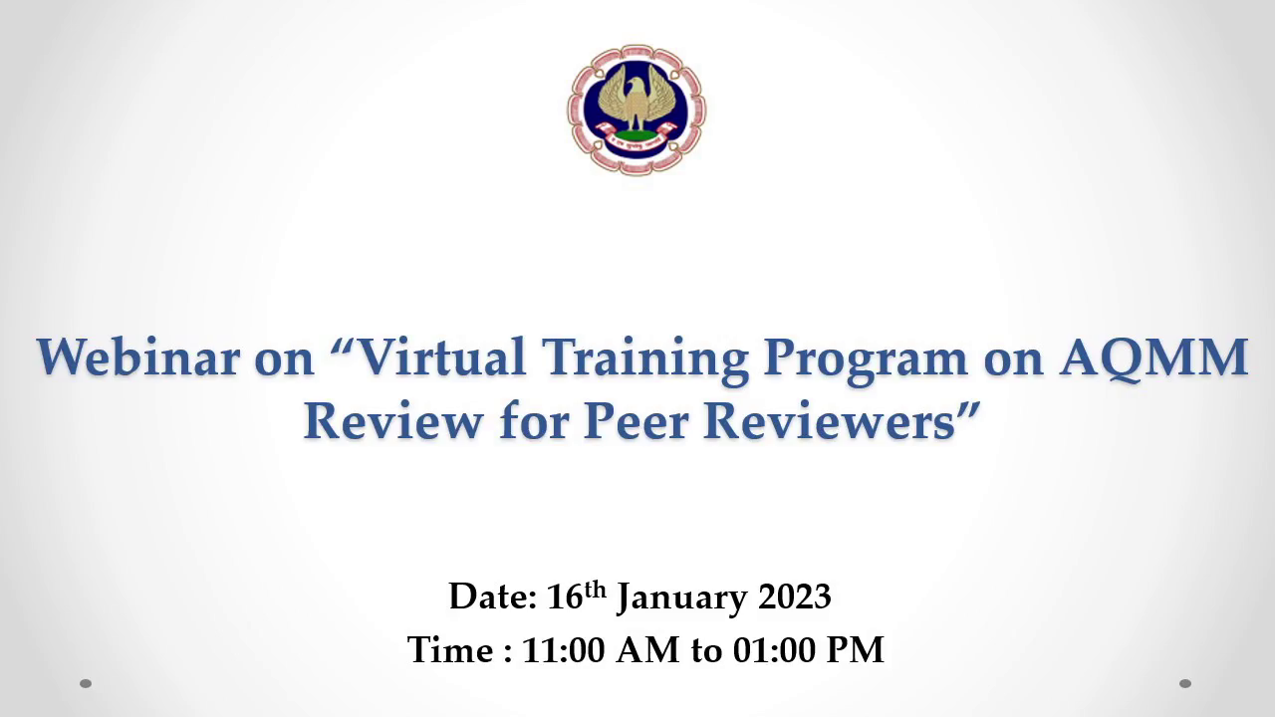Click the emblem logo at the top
point(637,110)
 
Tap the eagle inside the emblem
point(636,101)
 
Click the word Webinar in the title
point(137,358)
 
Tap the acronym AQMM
point(1153,358)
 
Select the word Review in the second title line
point(393,421)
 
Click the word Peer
point(636,421)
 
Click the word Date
point(493,597)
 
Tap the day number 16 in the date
point(565,597)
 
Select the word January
point(682,599)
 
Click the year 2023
point(795,597)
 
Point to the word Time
point(450,649)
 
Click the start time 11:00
point(563,650)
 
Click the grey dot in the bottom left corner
point(86,683)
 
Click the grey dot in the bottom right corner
point(1185,683)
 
